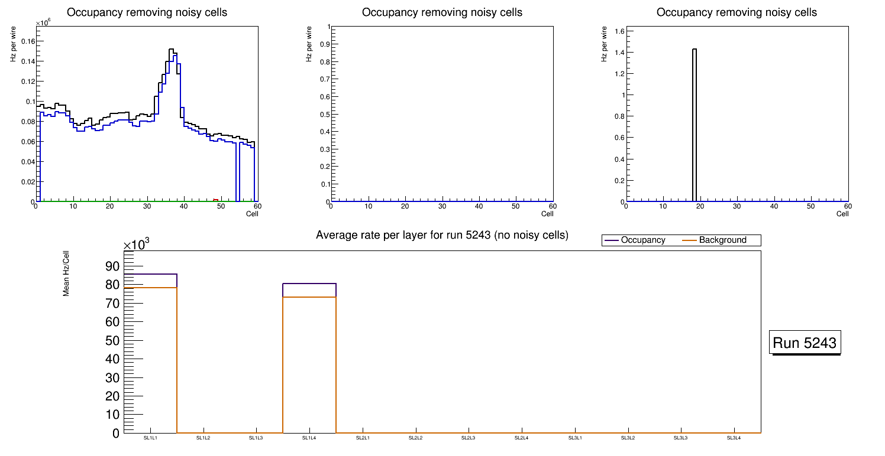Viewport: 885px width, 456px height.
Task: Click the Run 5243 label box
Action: point(805,343)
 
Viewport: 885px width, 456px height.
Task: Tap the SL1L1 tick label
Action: point(150,438)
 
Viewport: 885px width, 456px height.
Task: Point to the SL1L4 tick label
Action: point(309,438)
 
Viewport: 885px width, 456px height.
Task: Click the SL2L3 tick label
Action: point(469,438)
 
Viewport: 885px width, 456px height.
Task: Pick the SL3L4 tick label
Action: point(734,438)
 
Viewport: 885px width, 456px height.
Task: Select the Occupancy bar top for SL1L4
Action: point(309,284)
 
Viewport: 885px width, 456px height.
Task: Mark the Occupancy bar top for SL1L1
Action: point(150,274)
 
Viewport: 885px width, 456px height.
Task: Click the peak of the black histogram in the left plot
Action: point(170,50)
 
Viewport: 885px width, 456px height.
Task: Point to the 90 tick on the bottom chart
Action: point(112,266)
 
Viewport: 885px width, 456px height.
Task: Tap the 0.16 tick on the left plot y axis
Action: point(27,41)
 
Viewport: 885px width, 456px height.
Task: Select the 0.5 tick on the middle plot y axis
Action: point(324,115)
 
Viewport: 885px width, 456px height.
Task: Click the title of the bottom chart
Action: point(442,236)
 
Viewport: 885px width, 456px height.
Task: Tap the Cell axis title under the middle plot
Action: point(547,214)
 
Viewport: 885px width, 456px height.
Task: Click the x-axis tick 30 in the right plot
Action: point(737,206)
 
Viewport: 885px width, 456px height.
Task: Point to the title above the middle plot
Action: point(442,12)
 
